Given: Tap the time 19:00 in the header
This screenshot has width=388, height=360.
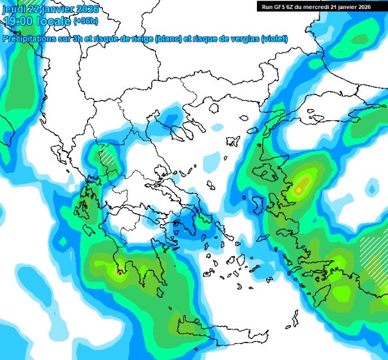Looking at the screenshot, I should pos(17,21).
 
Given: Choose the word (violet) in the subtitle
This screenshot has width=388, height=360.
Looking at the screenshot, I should pos(275,39).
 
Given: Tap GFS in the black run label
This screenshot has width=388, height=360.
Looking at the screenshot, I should pos(281,7).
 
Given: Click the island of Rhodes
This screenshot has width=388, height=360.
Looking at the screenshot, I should pos(325,294).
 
